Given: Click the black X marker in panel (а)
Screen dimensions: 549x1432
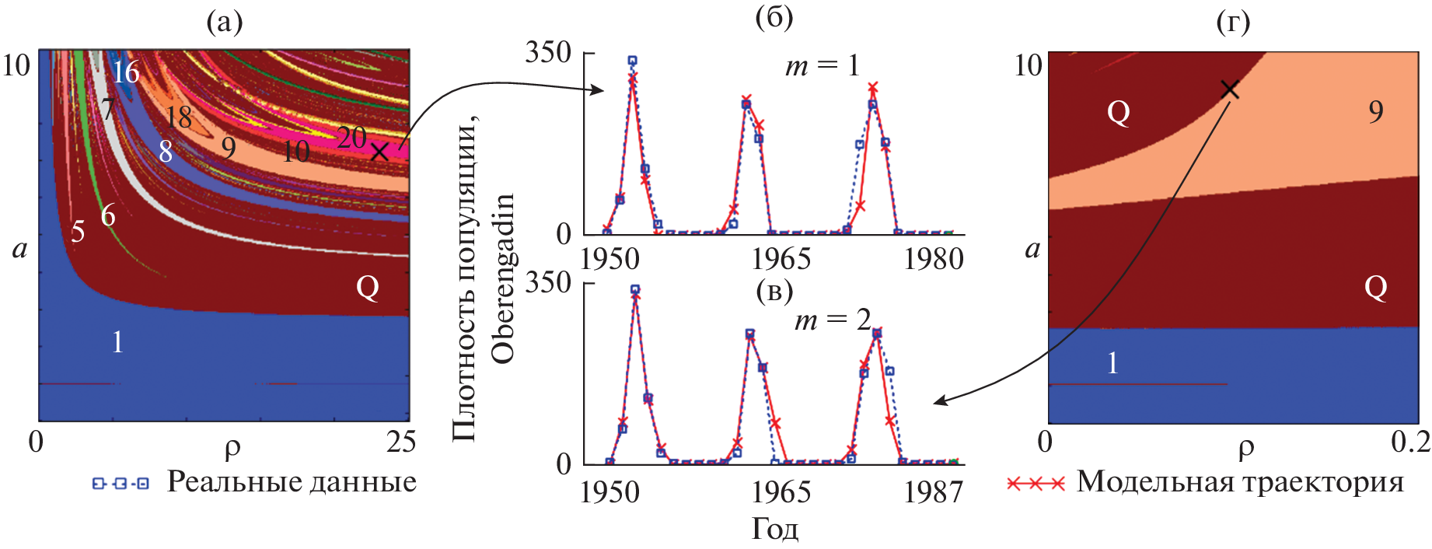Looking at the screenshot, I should click(x=379, y=151).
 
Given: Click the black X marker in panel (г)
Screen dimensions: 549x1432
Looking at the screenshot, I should click(x=1229, y=89).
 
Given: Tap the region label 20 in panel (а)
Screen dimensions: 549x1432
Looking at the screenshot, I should click(x=351, y=138).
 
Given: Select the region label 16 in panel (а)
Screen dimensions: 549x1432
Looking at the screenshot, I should click(x=125, y=72).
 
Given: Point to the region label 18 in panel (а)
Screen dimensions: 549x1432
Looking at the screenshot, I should click(x=179, y=117).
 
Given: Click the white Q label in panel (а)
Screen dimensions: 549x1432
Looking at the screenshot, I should click(x=368, y=288).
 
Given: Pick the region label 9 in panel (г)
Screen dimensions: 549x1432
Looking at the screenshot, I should click(x=1376, y=112).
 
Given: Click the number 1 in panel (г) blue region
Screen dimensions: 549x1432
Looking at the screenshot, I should click(x=1112, y=363).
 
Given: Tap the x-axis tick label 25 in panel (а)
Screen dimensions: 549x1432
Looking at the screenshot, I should click(x=401, y=442).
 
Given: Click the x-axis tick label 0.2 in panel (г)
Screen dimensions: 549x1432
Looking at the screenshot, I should click(x=1410, y=442).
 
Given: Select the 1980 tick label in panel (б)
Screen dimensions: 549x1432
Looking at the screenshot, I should click(x=933, y=259).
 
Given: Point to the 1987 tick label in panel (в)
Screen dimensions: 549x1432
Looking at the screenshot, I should click(x=933, y=492).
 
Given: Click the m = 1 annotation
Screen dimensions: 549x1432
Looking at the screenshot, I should click(x=823, y=66).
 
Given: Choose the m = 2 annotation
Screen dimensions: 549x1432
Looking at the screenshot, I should click(x=833, y=320).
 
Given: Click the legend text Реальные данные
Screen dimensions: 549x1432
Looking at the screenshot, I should click(x=292, y=482).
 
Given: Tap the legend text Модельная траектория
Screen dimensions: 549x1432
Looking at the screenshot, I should click(x=1240, y=482).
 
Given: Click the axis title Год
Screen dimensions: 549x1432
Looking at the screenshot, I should click(x=775, y=530).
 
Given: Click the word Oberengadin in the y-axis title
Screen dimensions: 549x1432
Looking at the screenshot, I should click(x=504, y=278).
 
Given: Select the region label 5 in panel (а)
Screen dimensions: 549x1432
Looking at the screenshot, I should click(x=78, y=232).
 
